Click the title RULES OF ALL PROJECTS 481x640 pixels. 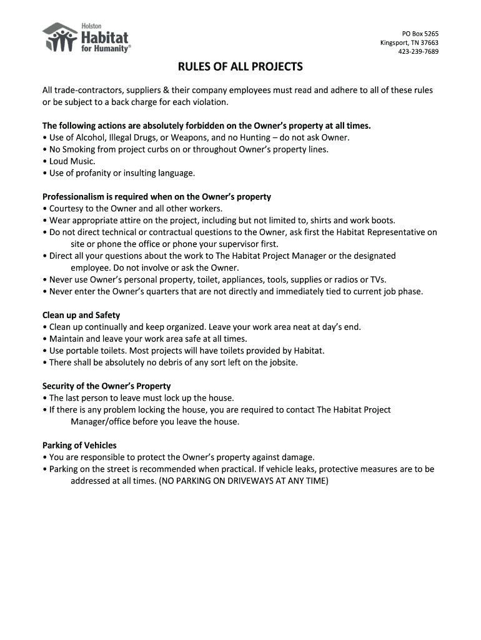click(241, 67)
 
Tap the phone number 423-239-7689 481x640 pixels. click(418, 51)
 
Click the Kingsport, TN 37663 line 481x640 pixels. click(409, 42)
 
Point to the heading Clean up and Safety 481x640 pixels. click(81, 315)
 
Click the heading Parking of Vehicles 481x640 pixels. click(79, 445)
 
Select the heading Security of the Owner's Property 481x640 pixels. click(106, 386)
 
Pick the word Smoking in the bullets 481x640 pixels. click(79, 149)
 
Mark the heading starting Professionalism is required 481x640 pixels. click(156, 196)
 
